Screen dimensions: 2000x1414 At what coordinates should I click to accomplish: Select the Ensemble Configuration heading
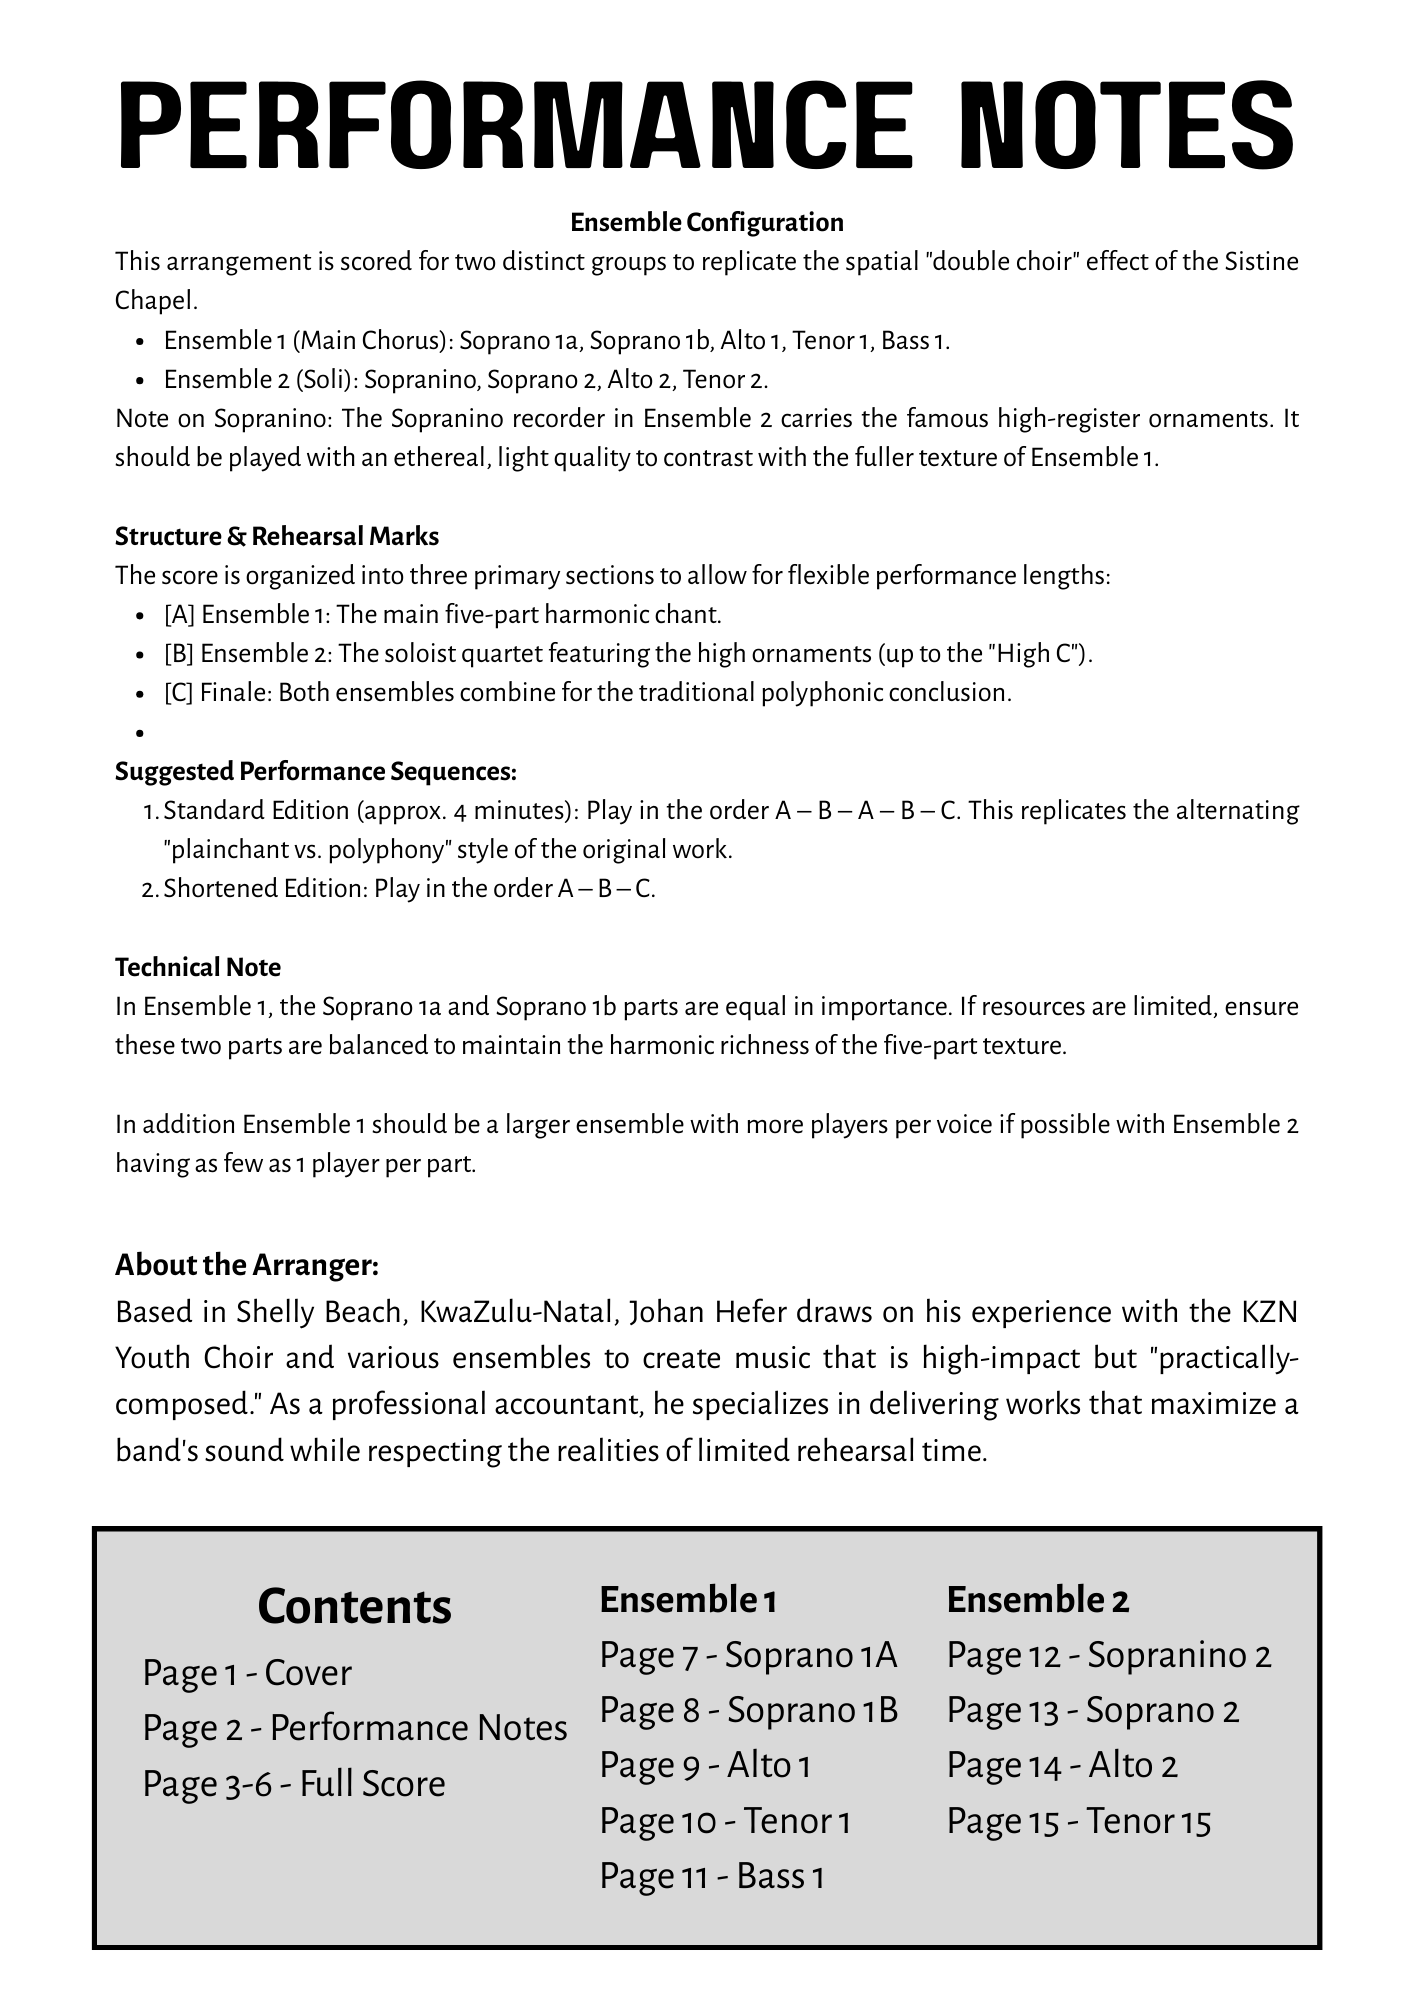point(706,222)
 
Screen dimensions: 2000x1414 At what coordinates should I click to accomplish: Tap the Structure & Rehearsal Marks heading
point(277,537)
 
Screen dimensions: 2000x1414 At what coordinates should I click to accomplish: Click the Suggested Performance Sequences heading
point(316,772)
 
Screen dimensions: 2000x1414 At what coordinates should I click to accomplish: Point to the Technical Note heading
point(198,968)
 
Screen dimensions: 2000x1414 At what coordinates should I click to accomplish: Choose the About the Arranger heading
point(247,1265)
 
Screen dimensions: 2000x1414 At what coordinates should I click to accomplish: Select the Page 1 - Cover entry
point(247,1673)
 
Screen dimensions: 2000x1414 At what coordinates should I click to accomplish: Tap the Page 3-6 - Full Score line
point(294,1784)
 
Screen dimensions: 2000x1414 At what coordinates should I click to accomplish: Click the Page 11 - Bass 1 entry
point(711,1876)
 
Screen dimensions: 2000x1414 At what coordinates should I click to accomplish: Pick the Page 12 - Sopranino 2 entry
point(1109,1655)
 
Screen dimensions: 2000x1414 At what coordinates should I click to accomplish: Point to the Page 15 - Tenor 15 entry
point(1079,1821)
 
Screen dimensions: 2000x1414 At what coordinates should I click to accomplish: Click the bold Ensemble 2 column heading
point(1038,1600)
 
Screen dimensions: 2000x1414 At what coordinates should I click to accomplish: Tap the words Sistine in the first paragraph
point(1262,262)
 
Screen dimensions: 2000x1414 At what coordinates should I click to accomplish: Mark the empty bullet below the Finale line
point(141,733)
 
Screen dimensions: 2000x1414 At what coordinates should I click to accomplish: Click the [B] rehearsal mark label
point(179,654)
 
